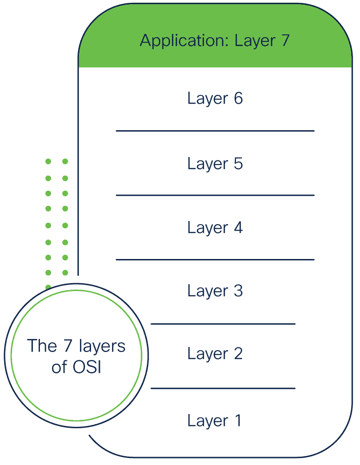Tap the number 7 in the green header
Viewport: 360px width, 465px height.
[x=285, y=40]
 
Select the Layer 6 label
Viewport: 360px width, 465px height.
[x=215, y=99]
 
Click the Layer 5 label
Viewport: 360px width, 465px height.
[x=215, y=164]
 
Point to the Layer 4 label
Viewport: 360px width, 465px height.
[x=215, y=228]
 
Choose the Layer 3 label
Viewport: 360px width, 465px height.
[x=215, y=291]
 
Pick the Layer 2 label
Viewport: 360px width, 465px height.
[x=215, y=354]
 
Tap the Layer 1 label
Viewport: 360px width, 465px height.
[x=214, y=421]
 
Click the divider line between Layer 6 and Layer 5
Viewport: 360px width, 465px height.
[x=215, y=131]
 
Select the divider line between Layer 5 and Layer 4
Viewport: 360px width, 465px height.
[x=215, y=195]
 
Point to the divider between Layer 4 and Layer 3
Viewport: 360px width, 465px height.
[x=215, y=259]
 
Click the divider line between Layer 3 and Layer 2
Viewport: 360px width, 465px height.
[x=223, y=324]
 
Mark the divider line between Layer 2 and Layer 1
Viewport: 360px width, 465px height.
[x=223, y=388]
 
